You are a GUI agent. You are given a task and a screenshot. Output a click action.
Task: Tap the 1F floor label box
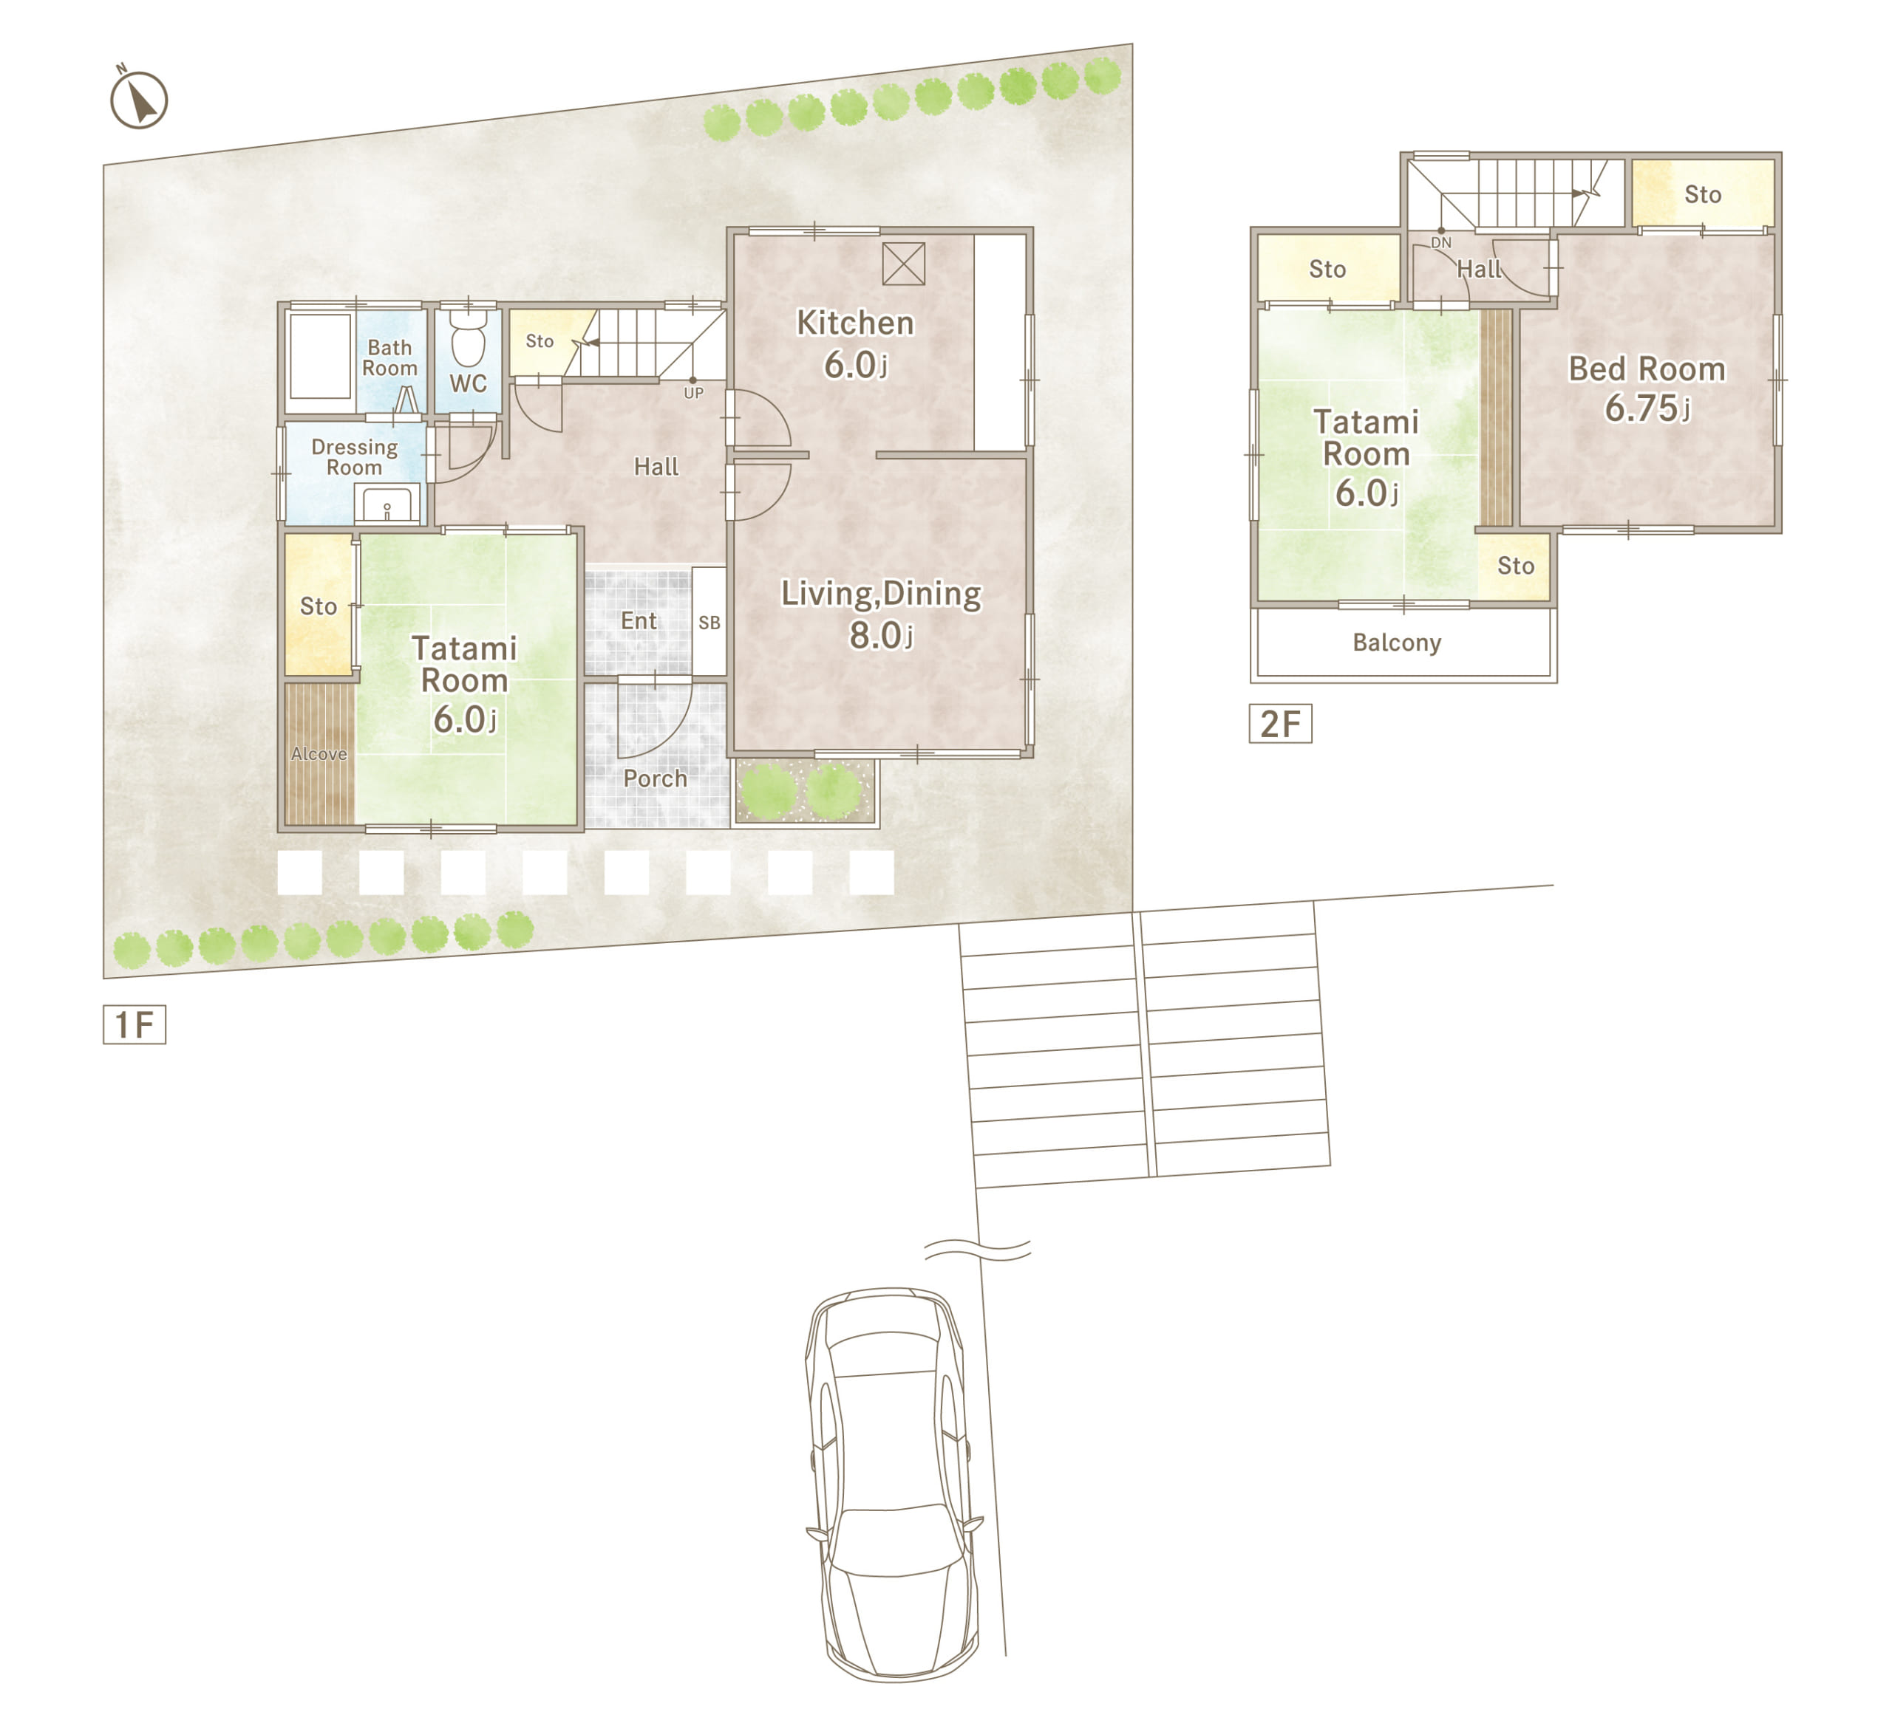pyautogui.click(x=135, y=1024)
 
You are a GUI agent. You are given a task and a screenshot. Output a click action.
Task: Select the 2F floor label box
pyautogui.click(x=1280, y=723)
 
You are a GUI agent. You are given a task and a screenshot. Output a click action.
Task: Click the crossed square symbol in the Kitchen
pyautogui.click(x=904, y=264)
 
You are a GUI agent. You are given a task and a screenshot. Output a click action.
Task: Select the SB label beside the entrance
pyautogui.click(x=709, y=623)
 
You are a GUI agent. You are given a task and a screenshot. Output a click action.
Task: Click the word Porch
pyautogui.click(x=655, y=778)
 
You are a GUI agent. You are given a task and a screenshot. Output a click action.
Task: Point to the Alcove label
pyautogui.click(x=319, y=754)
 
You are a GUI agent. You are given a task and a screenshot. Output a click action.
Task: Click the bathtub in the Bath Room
pyautogui.click(x=320, y=357)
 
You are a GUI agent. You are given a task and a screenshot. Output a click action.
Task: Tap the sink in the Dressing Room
pyautogui.click(x=387, y=504)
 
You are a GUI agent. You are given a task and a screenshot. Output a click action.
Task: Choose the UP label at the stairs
pyautogui.click(x=693, y=393)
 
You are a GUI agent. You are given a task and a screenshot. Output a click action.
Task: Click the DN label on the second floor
pyautogui.click(x=1440, y=243)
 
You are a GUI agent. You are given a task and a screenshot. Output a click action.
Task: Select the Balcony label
pyautogui.click(x=1397, y=643)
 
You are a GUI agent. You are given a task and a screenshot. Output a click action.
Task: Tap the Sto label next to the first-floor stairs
pyautogui.click(x=540, y=341)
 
